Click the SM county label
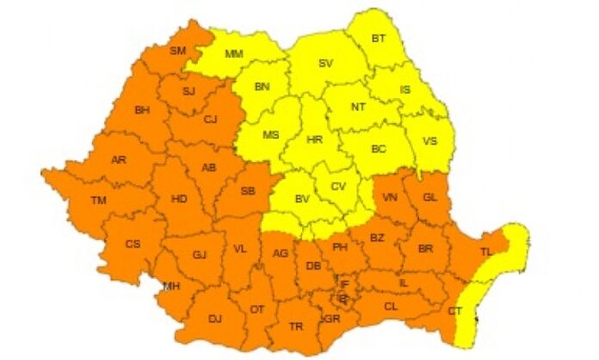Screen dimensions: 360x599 (x=177, y=51)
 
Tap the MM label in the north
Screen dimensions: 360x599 (x=233, y=54)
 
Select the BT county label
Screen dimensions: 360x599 (x=379, y=39)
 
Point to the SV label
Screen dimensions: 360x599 (x=325, y=64)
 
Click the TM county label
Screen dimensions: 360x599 (x=99, y=201)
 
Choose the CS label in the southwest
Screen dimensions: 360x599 (x=133, y=244)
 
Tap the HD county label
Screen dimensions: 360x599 (x=179, y=199)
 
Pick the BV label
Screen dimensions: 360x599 (x=302, y=199)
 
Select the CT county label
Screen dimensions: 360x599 (x=456, y=310)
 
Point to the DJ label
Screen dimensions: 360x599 (x=215, y=319)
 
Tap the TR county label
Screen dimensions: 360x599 (x=296, y=326)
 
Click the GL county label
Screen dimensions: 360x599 (x=432, y=197)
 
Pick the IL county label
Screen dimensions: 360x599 (x=404, y=282)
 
